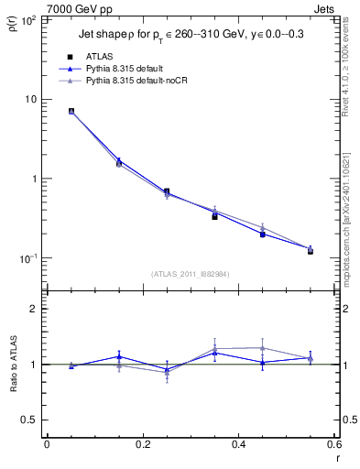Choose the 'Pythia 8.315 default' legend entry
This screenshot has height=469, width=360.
[128, 69]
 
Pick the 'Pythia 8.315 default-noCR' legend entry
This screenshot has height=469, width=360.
[137, 82]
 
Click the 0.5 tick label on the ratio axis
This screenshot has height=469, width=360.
[31, 420]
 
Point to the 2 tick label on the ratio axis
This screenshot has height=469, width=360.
[35, 309]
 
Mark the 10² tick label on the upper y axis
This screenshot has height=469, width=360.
[29, 19]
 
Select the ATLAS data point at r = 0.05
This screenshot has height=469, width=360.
[71, 111]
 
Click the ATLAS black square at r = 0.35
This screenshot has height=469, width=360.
[214, 216]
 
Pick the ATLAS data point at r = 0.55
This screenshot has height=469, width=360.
[311, 250]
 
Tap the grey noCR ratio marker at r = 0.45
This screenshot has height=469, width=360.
[262, 348]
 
